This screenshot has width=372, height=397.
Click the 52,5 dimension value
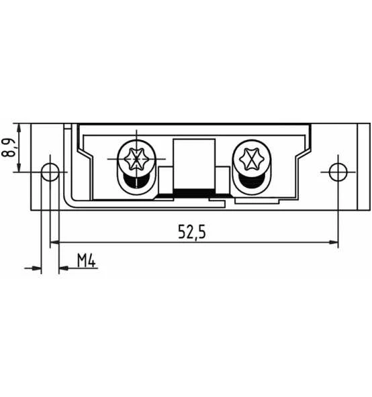click(x=191, y=231)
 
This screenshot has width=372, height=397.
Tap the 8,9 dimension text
click(x=9, y=148)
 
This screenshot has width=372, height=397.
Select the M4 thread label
click(x=86, y=260)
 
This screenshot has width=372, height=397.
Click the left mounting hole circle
click(x=50, y=172)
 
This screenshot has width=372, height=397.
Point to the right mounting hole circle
click(x=338, y=172)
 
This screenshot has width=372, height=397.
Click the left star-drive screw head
click(x=136, y=159)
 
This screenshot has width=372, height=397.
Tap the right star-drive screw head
click(x=252, y=159)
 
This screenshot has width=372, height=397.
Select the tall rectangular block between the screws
click(x=194, y=164)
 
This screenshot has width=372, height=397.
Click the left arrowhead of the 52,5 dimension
click(x=54, y=242)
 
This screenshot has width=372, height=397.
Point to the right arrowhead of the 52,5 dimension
click(x=334, y=242)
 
